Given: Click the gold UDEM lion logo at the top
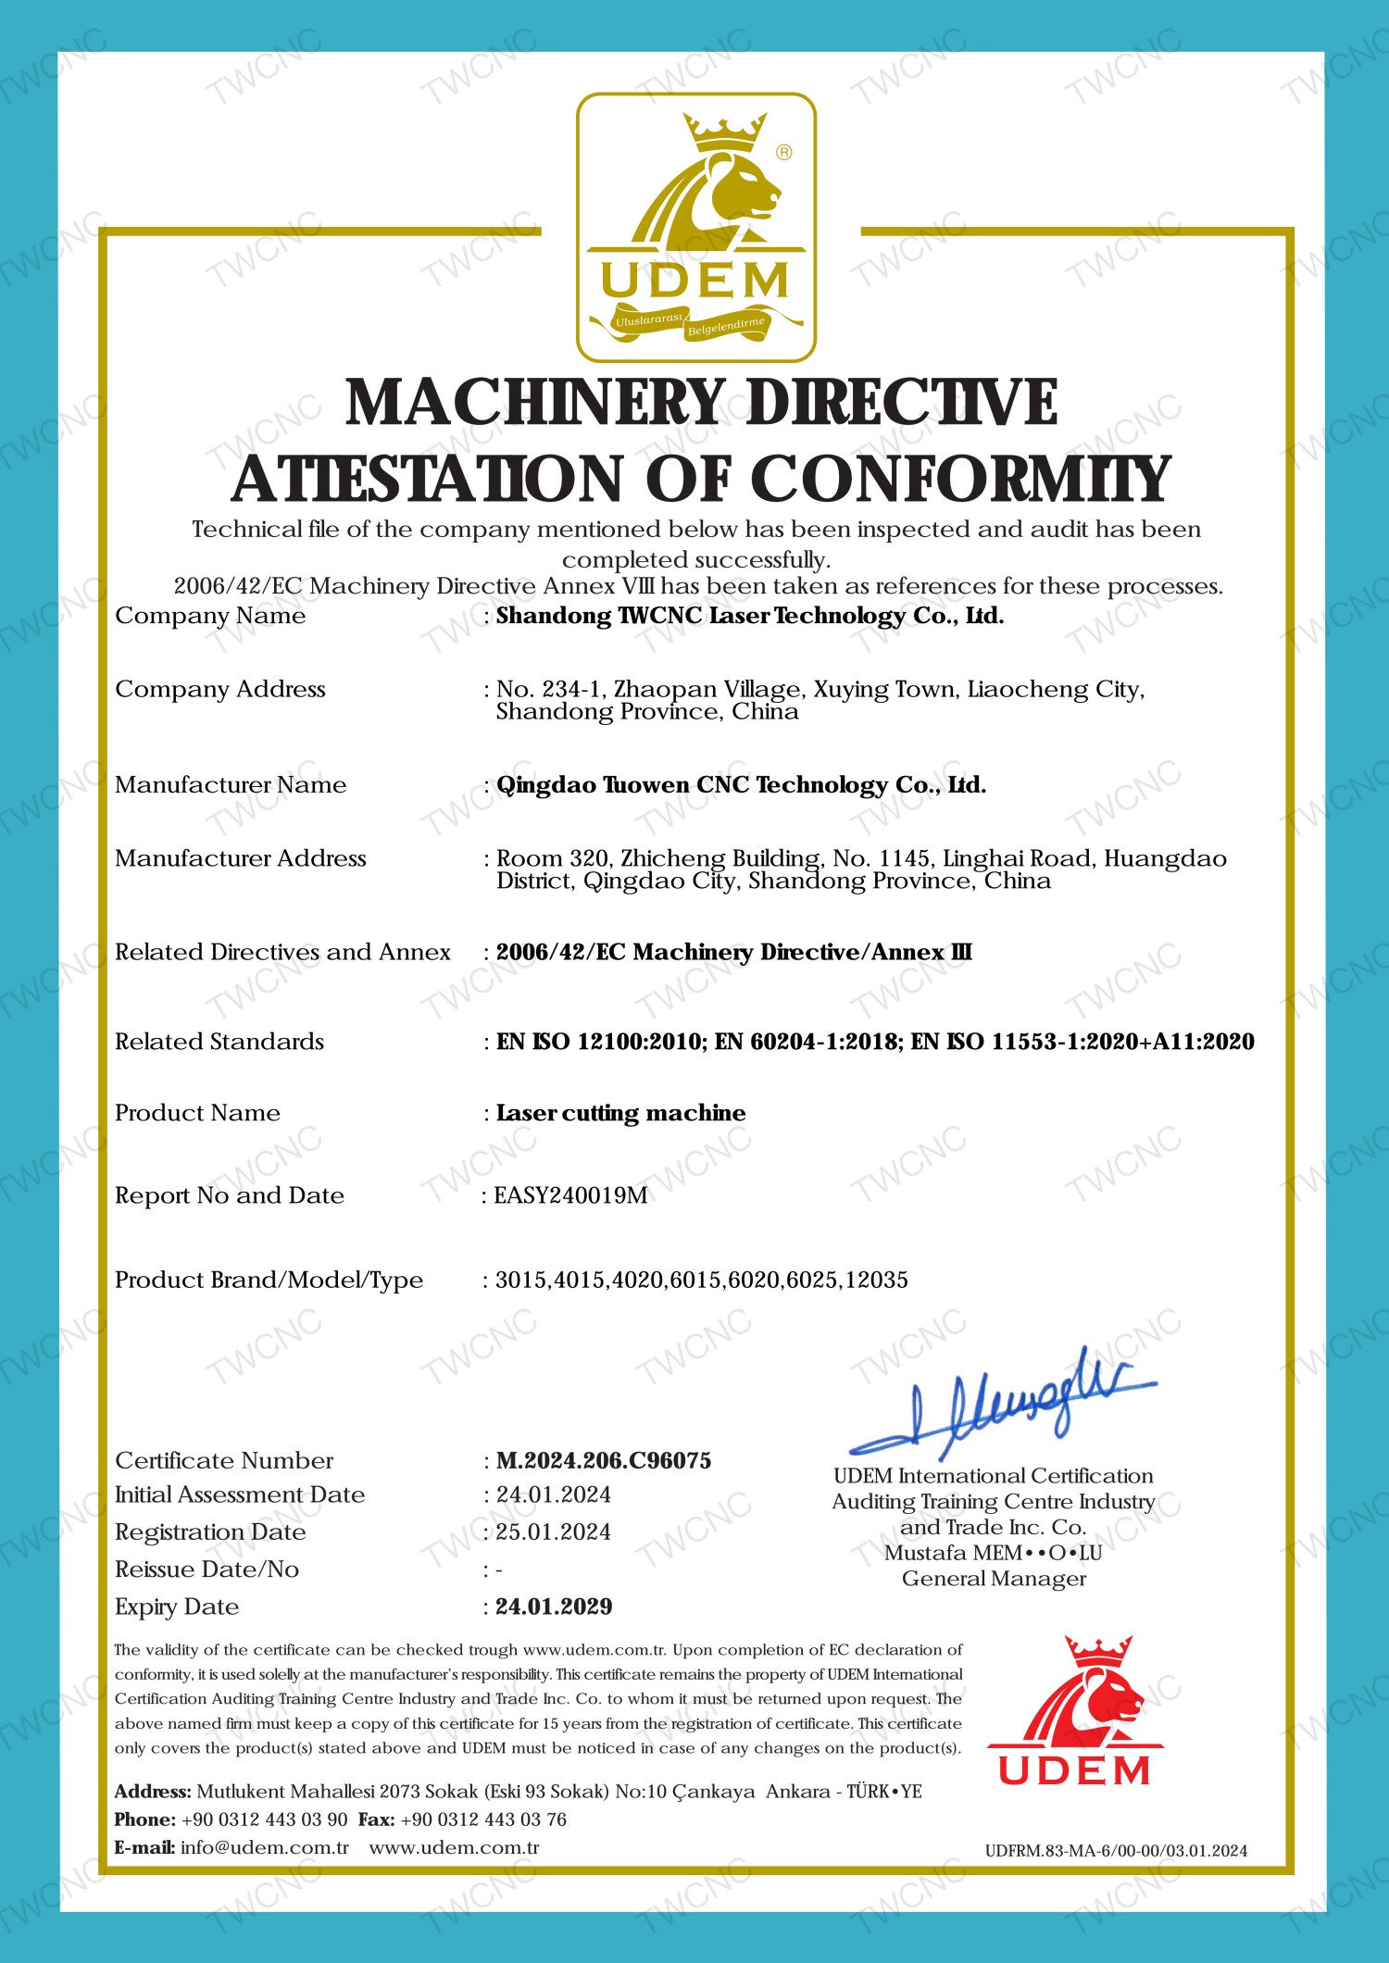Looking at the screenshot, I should tap(695, 227).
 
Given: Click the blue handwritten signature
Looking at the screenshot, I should tap(1005, 1399).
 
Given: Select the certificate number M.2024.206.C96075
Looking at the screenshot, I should tap(604, 1460).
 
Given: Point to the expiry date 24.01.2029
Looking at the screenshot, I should tap(554, 1607).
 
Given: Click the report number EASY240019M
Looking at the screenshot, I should tap(570, 1195).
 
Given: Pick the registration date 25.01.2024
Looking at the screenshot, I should tap(553, 1532).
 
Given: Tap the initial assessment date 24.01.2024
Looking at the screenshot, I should tap(553, 1494).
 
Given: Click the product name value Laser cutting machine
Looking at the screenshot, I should tap(620, 1113).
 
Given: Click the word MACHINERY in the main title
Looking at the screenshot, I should tap(534, 403).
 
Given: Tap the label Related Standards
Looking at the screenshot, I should tap(219, 1042).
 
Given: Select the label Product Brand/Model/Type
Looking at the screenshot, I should tap(269, 1280).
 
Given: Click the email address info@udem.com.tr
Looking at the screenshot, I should tap(265, 1847).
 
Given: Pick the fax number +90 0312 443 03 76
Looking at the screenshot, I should tap(483, 1819).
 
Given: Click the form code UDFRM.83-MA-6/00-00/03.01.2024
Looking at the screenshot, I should tap(1116, 1851).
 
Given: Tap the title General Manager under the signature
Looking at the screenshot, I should tap(994, 1579).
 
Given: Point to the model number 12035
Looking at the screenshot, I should tap(878, 1280).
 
